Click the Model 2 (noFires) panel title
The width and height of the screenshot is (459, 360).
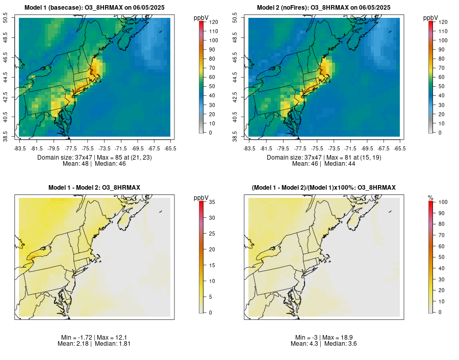(324, 8)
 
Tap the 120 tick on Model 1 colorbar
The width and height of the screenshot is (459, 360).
(213, 22)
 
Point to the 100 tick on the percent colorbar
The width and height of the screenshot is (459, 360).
(443, 202)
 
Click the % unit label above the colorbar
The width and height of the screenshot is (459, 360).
(430, 197)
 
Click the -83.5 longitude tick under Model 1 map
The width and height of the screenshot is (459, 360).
(20, 148)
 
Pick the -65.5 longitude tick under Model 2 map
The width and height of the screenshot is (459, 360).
(399, 148)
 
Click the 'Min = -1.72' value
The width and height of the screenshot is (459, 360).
(74, 338)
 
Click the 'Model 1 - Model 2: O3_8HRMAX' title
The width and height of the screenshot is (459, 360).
(94, 188)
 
